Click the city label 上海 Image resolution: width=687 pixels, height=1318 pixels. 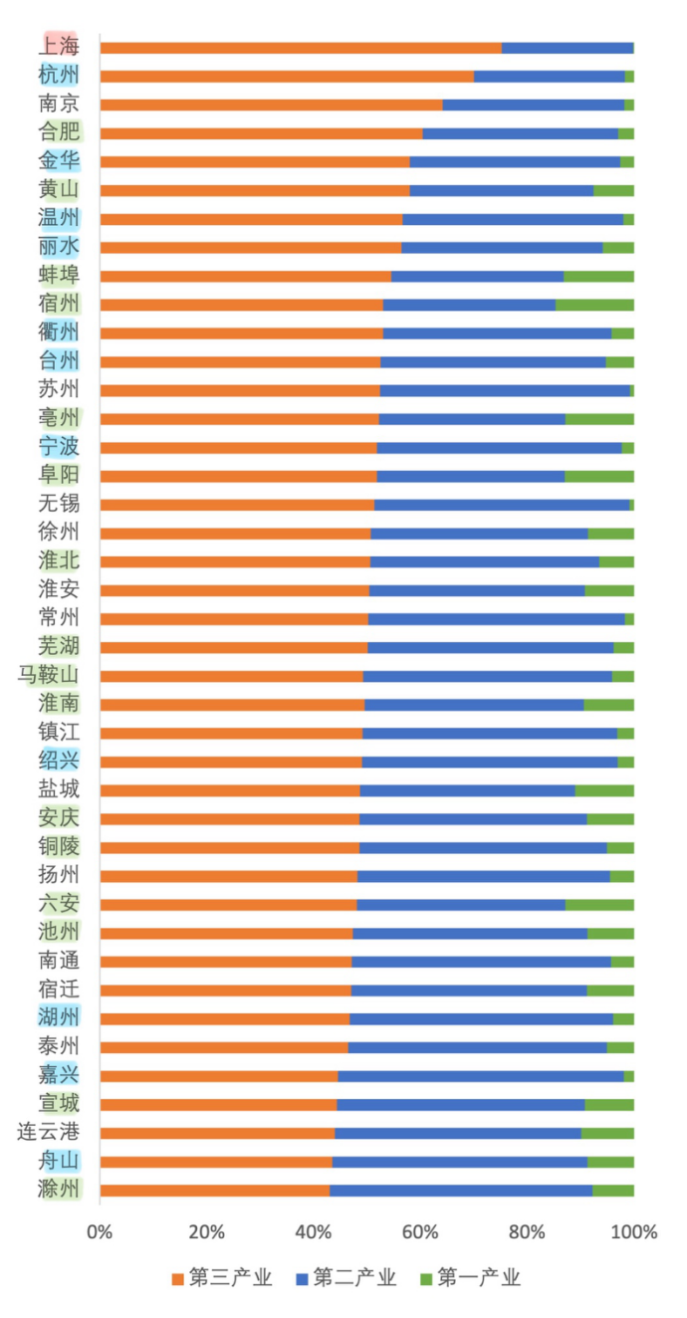click(59, 46)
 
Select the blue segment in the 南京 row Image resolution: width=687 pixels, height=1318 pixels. click(533, 105)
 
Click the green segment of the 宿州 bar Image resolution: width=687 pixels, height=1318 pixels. click(594, 304)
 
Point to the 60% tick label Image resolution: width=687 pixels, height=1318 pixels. click(420, 1231)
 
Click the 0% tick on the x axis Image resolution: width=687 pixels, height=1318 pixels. click(100, 1231)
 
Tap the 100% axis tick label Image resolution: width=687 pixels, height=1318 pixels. click(633, 1231)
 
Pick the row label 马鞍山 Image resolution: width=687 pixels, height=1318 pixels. click(50, 675)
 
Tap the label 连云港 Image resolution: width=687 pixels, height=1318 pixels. click(50, 1132)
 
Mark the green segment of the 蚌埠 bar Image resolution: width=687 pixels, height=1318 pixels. click(598, 276)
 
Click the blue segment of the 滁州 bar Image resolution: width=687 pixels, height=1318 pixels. click(460, 1190)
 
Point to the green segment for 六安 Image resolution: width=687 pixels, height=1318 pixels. click(599, 904)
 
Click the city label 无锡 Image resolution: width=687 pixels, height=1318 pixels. click(59, 504)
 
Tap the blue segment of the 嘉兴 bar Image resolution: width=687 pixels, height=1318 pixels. click(480, 1075)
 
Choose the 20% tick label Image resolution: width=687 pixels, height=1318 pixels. click(206, 1231)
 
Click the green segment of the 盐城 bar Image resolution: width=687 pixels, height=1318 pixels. click(604, 789)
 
